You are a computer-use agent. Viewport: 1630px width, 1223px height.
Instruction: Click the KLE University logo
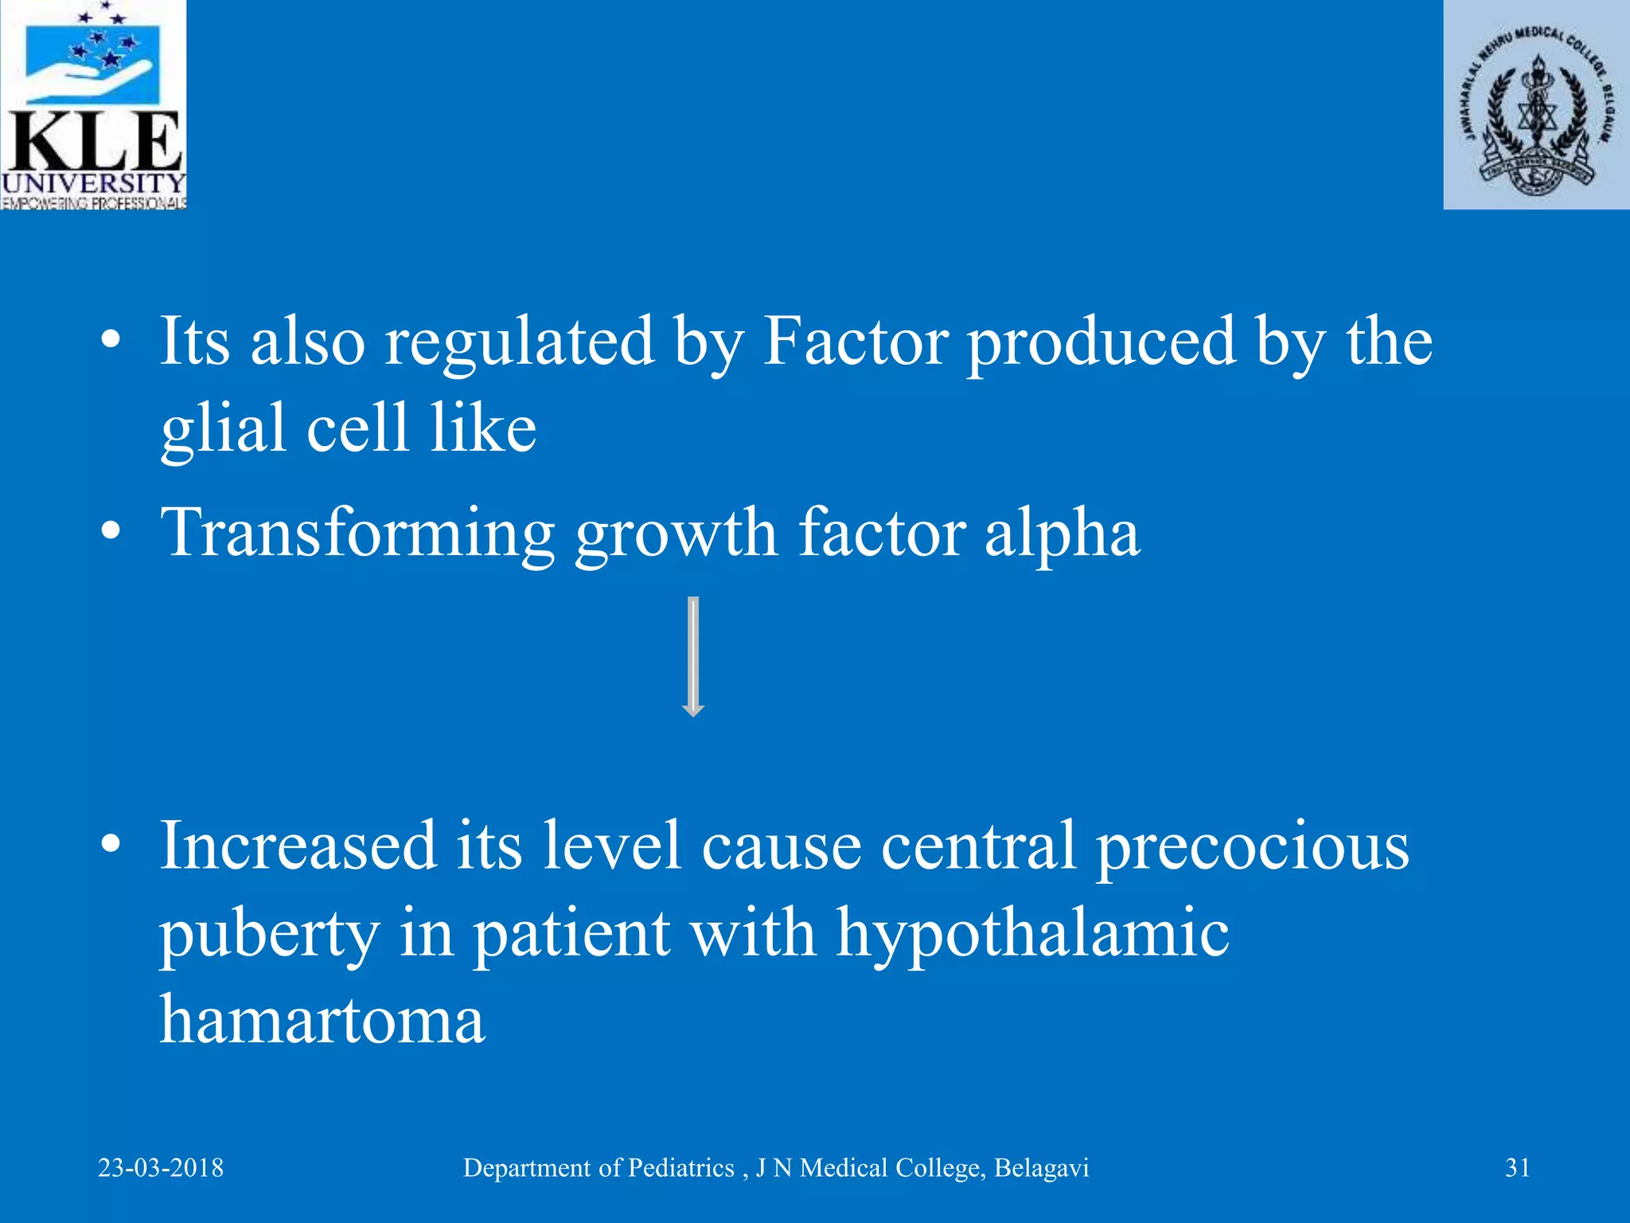(x=93, y=105)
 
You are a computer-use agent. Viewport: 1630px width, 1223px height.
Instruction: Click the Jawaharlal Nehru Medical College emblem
(x=1536, y=105)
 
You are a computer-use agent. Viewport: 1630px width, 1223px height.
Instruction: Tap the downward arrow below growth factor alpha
(x=693, y=658)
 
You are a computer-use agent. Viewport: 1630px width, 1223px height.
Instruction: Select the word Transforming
(x=358, y=534)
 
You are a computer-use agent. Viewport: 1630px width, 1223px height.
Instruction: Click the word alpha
(x=1062, y=534)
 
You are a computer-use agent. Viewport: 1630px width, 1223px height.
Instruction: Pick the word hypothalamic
(x=1032, y=933)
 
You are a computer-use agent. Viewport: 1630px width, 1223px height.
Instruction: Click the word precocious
(x=1253, y=846)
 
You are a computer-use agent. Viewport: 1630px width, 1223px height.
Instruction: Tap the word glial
(x=224, y=429)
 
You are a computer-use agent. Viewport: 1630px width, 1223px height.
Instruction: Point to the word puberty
(x=269, y=935)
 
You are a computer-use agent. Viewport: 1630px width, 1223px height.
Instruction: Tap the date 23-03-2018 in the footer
(x=161, y=1168)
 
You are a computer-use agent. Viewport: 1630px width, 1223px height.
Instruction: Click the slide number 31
(x=1517, y=1168)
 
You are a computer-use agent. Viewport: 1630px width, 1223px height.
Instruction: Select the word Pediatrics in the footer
(x=680, y=1168)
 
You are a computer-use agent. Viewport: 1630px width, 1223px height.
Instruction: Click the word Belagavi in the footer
(x=1041, y=1168)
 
